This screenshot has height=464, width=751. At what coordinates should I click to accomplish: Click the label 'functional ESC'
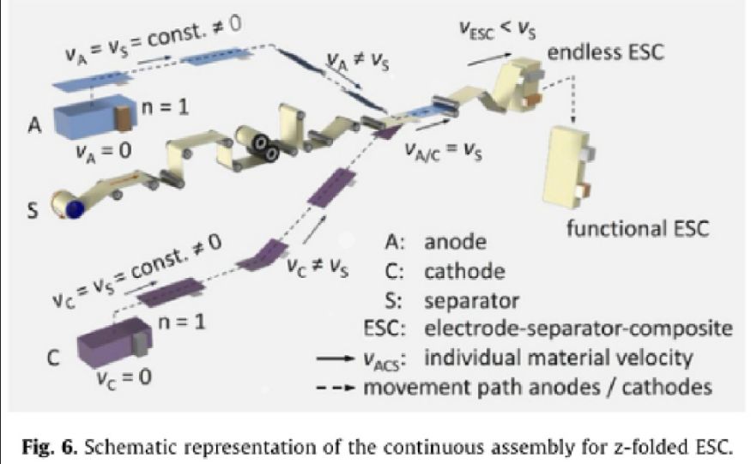click(630, 229)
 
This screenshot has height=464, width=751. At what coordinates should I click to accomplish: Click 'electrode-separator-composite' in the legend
click(583, 328)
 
